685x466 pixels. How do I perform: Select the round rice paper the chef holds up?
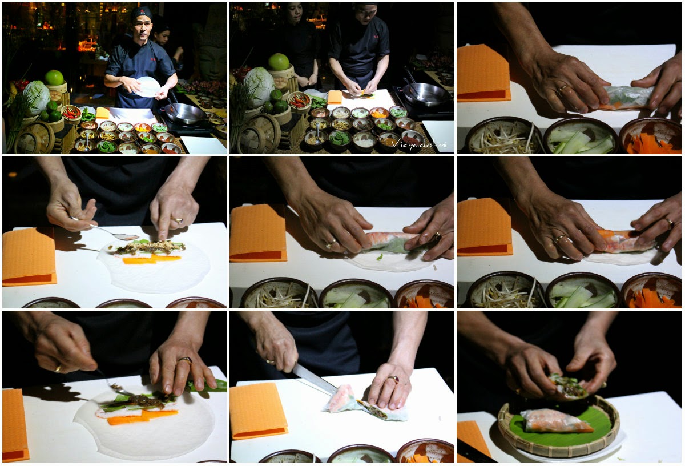point(148,87)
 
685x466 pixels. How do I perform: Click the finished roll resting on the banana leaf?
point(557,421)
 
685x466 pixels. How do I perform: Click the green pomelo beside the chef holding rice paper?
point(54,78)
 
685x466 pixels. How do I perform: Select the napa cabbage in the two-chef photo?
point(259,83)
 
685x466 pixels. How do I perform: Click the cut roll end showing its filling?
point(374,409)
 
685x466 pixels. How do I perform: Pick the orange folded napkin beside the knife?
point(259,410)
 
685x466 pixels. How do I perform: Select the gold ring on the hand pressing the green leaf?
point(185,360)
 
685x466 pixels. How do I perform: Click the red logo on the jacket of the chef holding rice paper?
point(152,59)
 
